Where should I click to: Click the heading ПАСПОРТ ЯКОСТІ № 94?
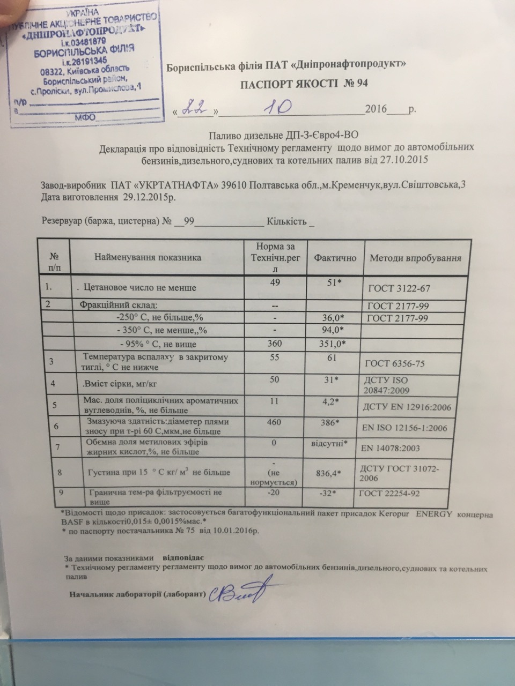(x=304, y=84)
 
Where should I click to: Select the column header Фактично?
(x=335, y=258)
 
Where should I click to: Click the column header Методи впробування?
(x=415, y=258)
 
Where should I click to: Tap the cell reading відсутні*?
(x=330, y=443)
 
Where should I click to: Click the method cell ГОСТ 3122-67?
(x=399, y=288)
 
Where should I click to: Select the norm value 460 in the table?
(x=274, y=422)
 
